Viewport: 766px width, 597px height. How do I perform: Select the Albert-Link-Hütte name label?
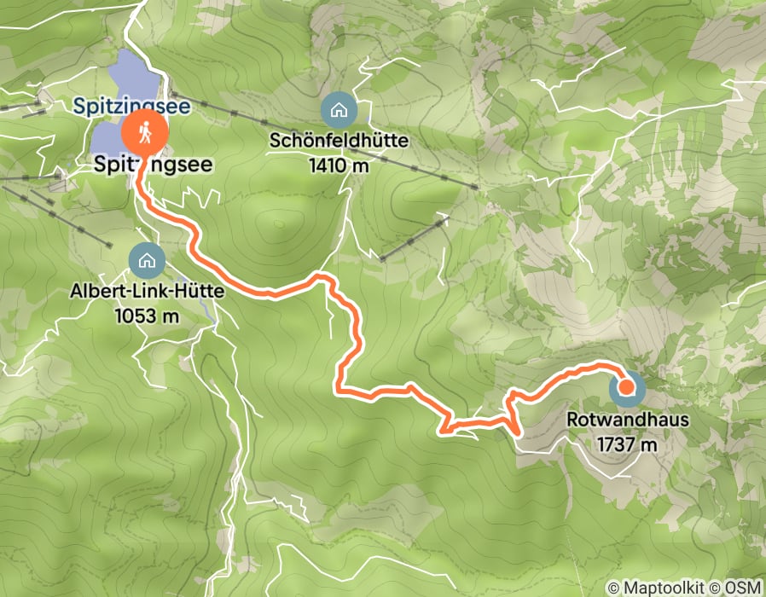coord(148,292)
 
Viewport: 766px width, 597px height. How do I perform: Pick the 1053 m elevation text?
coord(148,315)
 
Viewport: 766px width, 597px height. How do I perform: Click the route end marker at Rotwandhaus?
coord(626,388)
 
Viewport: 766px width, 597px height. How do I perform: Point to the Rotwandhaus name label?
coord(626,420)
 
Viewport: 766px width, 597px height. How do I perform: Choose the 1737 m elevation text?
coord(626,443)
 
